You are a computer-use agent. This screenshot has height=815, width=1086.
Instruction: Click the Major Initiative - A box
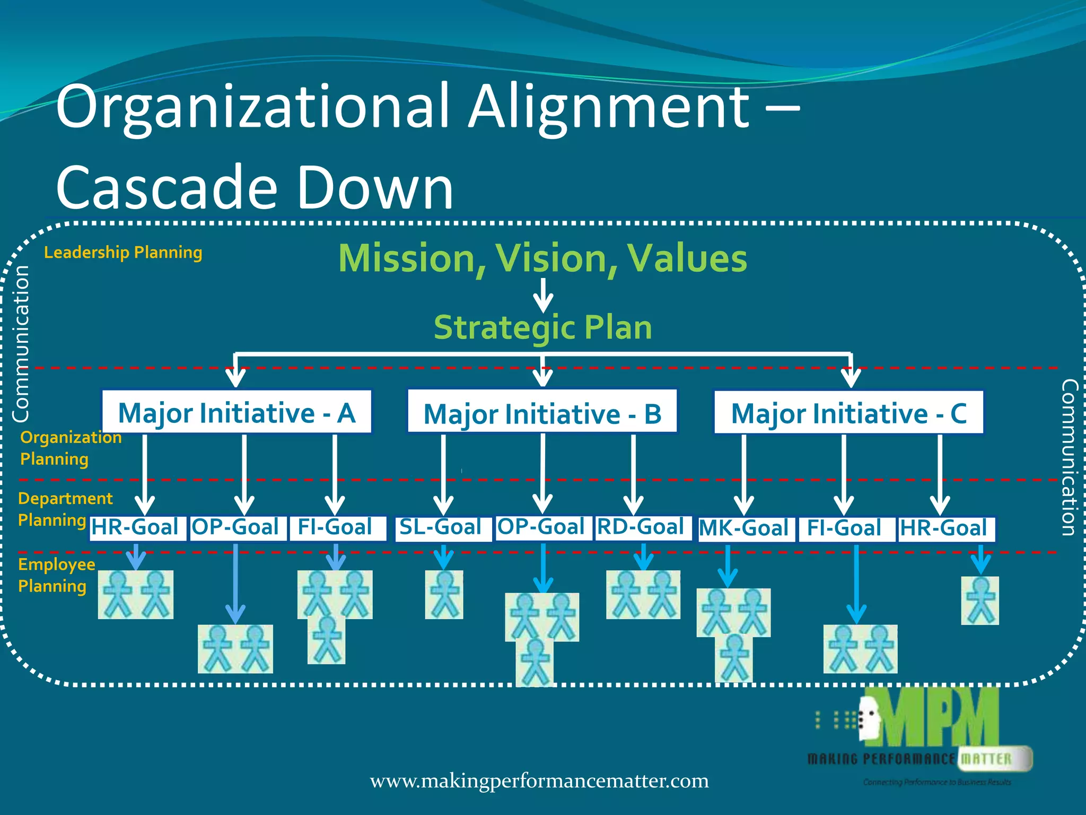click(x=237, y=412)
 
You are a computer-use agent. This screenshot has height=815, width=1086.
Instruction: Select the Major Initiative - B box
click(x=542, y=413)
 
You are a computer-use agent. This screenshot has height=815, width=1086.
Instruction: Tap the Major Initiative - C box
click(x=848, y=413)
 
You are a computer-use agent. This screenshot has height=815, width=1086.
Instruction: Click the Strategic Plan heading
click(x=542, y=327)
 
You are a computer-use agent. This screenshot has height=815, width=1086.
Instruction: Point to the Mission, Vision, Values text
click(x=542, y=258)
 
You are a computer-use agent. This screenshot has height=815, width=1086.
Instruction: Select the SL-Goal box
click(x=443, y=528)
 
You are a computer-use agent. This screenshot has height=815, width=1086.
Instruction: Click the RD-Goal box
click(x=643, y=528)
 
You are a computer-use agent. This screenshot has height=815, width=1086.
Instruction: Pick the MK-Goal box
click(x=746, y=529)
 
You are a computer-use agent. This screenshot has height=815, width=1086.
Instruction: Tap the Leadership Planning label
click(x=123, y=253)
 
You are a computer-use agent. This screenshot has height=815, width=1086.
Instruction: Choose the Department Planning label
click(x=65, y=509)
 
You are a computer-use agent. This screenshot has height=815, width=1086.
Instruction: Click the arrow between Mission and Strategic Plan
click(x=543, y=295)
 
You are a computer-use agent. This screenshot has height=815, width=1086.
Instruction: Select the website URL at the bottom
click(x=539, y=781)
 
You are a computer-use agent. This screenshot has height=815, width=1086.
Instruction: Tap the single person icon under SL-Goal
click(x=444, y=594)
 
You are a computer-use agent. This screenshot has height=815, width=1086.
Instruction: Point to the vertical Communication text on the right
click(x=1068, y=457)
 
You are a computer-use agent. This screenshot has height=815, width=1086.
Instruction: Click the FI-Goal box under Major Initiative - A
click(x=336, y=528)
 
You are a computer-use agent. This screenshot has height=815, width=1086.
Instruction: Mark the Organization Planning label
click(x=70, y=448)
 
